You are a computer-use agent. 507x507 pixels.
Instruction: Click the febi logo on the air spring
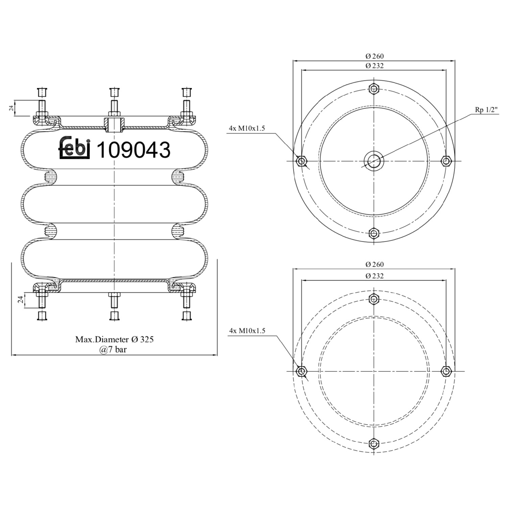coord(75,148)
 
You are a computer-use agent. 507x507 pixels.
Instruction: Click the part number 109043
coord(134,150)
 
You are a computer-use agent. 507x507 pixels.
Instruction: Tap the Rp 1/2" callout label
coord(486,110)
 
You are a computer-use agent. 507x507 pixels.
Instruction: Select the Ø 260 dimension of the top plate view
coord(375,56)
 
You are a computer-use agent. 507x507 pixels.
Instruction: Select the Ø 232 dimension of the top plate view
coord(375,66)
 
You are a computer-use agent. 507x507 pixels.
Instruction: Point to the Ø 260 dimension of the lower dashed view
coord(375,264)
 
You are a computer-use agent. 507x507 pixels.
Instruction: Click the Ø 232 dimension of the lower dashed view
coord(375,276)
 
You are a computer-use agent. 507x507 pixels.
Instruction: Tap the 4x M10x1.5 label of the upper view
coord(247,128)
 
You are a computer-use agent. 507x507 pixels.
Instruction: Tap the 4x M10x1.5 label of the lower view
coord(247,331)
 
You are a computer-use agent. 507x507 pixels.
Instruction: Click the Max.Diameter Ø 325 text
coord(114,339)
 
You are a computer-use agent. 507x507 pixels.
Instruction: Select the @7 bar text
coord(113,349)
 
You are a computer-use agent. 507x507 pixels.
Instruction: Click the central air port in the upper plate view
coord(373,161)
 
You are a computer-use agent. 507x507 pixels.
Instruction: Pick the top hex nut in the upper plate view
coord(373,89)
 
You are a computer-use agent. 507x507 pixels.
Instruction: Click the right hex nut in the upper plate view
coord(446,161)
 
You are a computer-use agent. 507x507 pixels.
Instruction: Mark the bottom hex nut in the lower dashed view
coord(373,443)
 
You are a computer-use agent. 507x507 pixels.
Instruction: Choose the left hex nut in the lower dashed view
coord(301,371)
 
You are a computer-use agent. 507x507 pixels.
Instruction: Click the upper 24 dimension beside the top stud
coord(11,108)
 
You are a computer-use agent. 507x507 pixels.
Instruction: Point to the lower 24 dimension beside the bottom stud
coord(21,299)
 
